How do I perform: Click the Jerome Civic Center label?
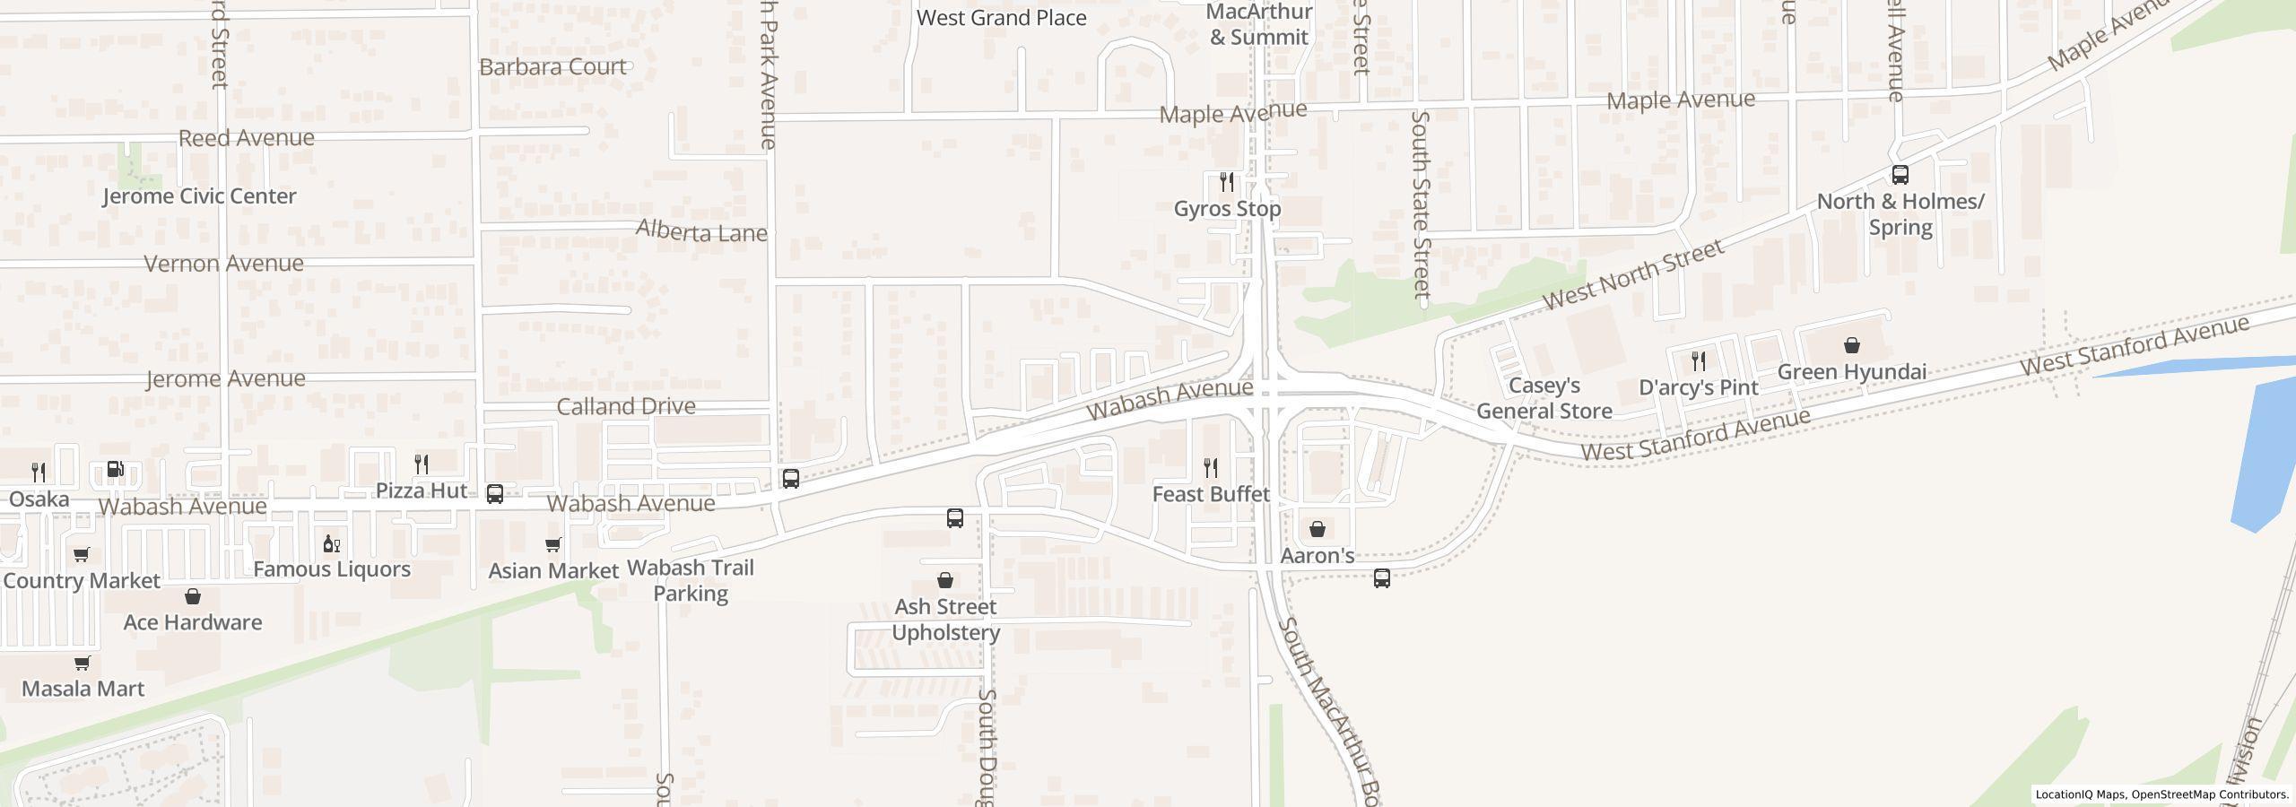(199, 196)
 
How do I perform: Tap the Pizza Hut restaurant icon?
(422, 464)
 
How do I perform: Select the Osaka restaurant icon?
(39, 472)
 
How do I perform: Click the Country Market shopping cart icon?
(82, 554)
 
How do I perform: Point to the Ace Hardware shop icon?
(193, 596)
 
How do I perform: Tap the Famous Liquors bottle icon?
(332, 543)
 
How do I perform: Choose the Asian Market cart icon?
(553, 544)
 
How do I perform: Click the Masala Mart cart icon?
(83, 663)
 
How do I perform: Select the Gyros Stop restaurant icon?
(1227, 182)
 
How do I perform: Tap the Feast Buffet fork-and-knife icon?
(1211, 467)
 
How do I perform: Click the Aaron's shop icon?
(1318, 529)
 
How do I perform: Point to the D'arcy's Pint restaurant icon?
(1699, 360)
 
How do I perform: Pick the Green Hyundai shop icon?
(1852, 345)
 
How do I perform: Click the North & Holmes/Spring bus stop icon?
(1900, 175)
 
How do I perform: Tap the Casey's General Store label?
(1544, 398)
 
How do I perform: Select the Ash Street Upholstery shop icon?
(945, 580)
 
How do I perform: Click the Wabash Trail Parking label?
(691, 580)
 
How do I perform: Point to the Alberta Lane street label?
(701, 232)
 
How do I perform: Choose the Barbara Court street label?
(552, 67)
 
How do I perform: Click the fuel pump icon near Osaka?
(116, 469)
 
